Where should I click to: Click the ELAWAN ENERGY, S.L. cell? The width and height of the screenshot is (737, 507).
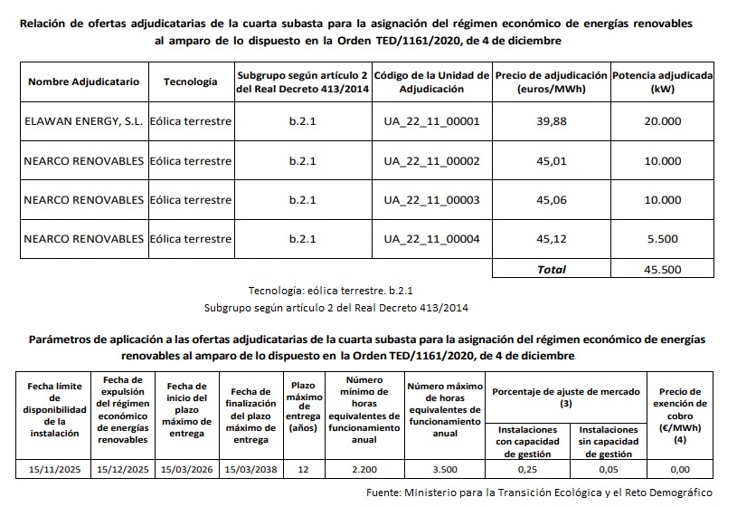tap(83, 121)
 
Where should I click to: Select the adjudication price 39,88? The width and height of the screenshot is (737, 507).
tap(551, 121)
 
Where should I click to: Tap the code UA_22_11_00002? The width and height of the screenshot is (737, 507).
tap(431, 161)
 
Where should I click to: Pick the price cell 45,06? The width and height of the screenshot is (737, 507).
tap(551, 200)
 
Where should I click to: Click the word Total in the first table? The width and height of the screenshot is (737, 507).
tap(552, 269)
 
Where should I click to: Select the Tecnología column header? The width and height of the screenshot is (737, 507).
tap(190, 81)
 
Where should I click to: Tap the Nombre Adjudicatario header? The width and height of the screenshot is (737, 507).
tap(83, 81)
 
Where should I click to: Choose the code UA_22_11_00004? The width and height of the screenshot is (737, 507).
tap(431, 239)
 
